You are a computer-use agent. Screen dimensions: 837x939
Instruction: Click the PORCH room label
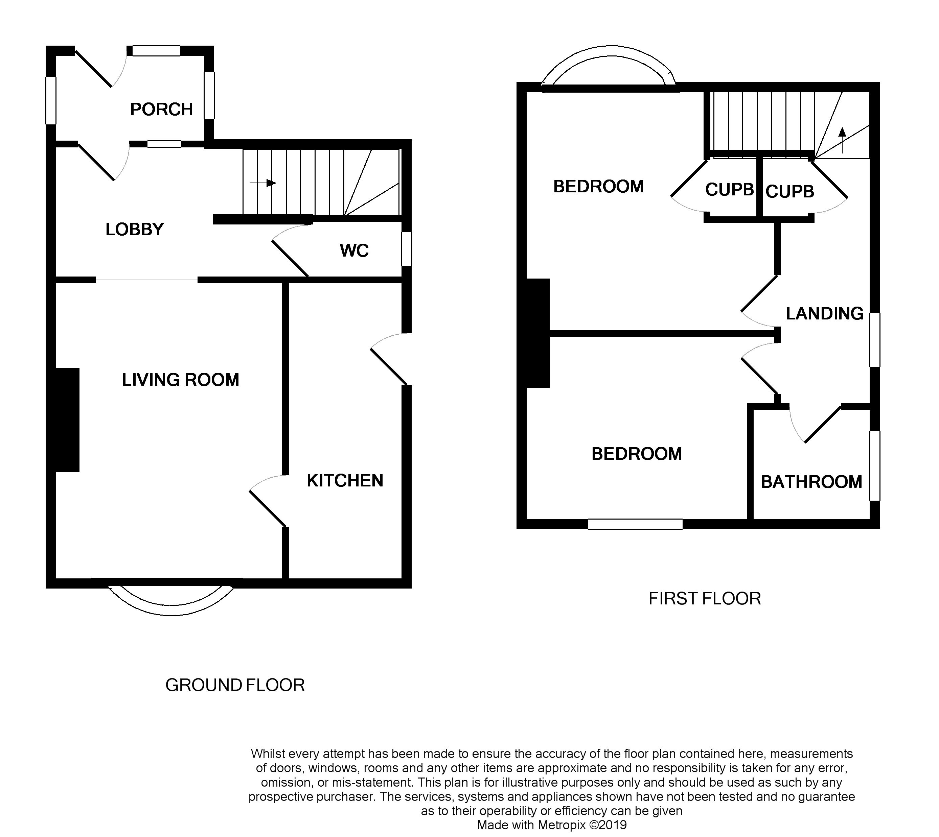(x=161, y=110)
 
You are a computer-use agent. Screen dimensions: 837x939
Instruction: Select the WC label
(x=354, y=250)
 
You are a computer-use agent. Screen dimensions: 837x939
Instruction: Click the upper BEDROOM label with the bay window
(x=598, y=187)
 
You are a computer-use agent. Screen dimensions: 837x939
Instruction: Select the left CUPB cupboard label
(x=729, y=190)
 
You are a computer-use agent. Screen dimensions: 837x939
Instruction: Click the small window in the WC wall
(x=406, y=249)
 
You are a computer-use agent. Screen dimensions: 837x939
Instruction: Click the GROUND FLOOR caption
(x=235, y=685)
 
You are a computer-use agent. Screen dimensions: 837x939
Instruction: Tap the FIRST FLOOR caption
(x=704, y=598)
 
